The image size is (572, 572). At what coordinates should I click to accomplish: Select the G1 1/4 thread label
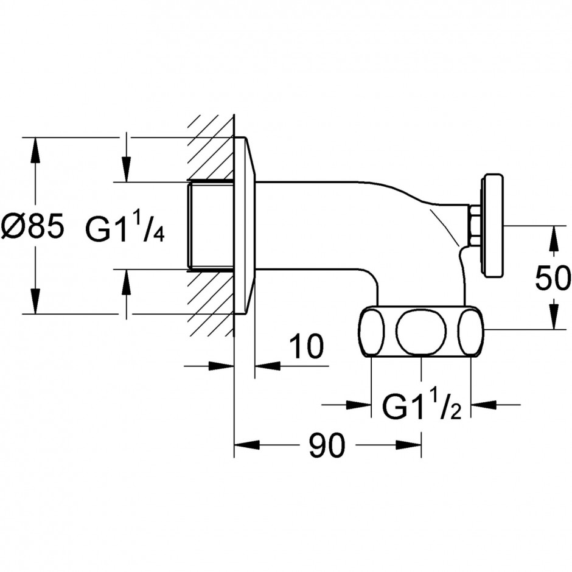[x=125, y=227]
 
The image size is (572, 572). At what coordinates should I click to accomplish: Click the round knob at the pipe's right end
[x=494, y=225]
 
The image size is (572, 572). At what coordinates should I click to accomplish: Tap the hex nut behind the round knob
[x=475, y=225]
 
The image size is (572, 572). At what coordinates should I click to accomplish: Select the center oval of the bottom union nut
[x=421, y=332]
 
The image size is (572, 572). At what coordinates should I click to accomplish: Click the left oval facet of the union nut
[x=372, y=332]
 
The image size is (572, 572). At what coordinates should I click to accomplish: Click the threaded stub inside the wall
[x=211, y=225]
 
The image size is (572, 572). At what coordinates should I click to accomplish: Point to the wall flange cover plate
[x=245, y=225]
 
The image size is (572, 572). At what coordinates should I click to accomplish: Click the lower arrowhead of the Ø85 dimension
[x=35, y=301]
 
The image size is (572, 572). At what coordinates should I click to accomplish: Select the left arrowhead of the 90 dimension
[x=247, y=445]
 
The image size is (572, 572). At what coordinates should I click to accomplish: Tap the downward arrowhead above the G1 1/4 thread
[x=126, y=169]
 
